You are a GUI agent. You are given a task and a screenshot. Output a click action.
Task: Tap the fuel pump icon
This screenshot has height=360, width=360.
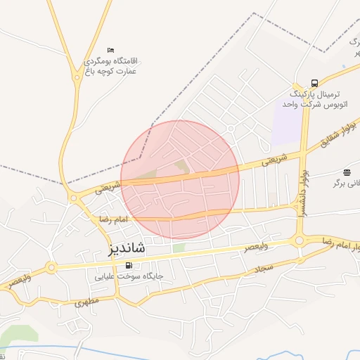(128, 265)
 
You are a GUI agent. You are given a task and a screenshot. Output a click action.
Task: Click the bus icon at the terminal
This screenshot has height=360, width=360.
(314, 82)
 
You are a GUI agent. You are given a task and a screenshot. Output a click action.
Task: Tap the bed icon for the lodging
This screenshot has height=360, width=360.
(110, 50)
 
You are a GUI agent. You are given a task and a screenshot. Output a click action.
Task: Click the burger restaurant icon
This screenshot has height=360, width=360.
(347, 172)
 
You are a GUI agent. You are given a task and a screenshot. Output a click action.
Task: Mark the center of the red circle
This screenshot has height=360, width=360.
(180, 180)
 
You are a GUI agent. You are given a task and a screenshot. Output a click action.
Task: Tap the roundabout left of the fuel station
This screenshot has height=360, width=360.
(51, 267)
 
